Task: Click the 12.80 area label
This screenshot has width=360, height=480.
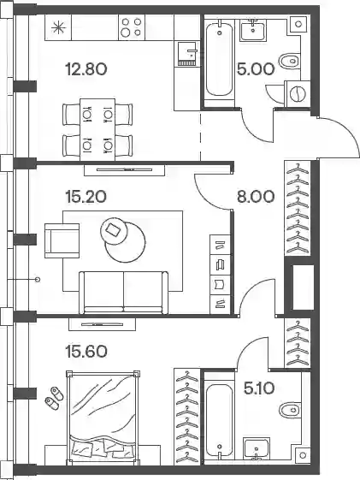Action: (86, 69)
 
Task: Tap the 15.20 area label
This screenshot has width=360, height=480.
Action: (86, 197)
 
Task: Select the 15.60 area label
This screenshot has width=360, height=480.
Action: (86, 351)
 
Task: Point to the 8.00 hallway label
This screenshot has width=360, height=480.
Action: (256, 197)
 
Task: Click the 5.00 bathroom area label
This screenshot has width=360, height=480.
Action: (256, 69)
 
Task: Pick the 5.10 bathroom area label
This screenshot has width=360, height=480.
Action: (259, 388)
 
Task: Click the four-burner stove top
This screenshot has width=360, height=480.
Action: (132, 27)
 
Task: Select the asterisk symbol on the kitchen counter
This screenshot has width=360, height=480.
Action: (58, 28)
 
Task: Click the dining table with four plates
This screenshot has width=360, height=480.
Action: (97, 129)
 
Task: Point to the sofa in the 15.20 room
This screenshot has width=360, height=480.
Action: (124, 293)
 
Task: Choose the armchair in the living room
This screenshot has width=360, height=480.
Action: (62, 240)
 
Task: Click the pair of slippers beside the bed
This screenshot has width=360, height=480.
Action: (54, 397)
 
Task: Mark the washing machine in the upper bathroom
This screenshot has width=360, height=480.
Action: (298, 93)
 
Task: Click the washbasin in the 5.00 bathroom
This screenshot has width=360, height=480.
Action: (252, 31)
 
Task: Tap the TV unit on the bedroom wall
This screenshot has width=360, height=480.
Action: (102, 324)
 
